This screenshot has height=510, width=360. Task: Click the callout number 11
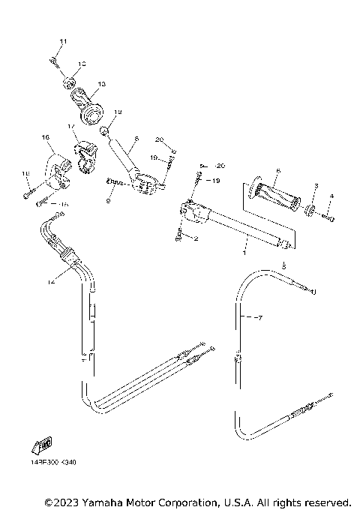pyautogui.click(x=63, y=40)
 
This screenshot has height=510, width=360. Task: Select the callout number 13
pyautogui.click(x=101, y=83)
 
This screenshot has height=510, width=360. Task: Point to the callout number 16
pyautogui.click(x=45, y=137)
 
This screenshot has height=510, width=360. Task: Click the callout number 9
pyautogui.click(x=109, y=200)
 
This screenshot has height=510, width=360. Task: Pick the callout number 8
pyautogui.click(x=136, y=139)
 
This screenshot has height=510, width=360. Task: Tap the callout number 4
pyautogui.click(x=331, y=196)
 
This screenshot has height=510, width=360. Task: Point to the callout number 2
pyautogui.click(x=196, y=239)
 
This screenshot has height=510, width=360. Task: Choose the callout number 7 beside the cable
pyautogui.click(x=259, y=319)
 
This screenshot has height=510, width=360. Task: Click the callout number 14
pyautogui.click(x=49, y=282)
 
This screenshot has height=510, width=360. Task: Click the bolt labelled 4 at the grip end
pyautogui.click(x=328, y=218)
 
